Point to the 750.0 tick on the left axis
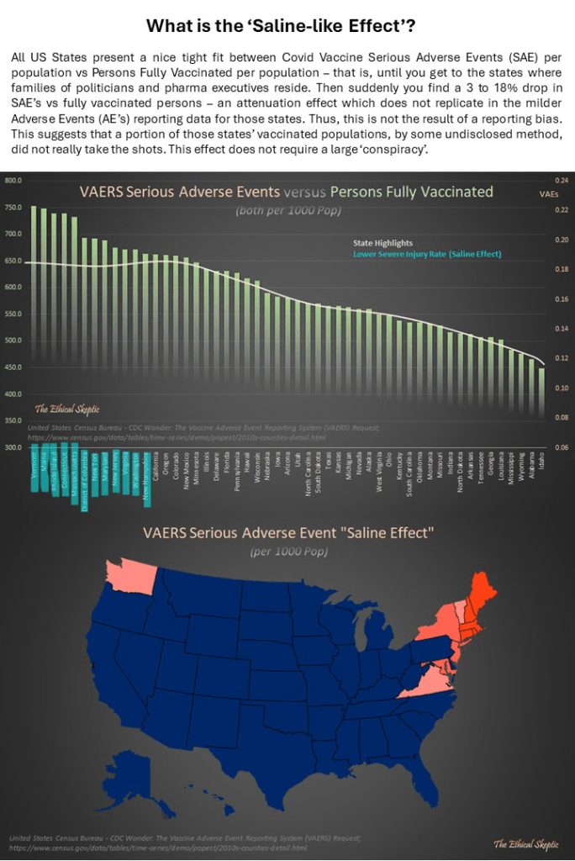point(13,208)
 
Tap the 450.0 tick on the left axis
point(13,367)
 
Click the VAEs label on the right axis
point(548,193)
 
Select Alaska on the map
point(139,774)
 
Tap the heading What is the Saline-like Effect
point(287,26)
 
